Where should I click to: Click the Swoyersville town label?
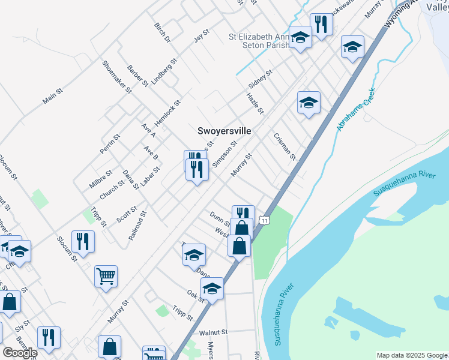[224, 130]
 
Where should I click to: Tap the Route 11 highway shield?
[265, 221]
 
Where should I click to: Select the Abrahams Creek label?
[355, 110]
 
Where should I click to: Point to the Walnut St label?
[214, 332]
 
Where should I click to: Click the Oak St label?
[196, 296]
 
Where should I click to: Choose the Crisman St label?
[285, 146]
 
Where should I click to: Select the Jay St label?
[200, 35]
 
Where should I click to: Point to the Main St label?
[53, 95]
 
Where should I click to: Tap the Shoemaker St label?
[116, 77]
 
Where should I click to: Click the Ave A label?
[148, 131]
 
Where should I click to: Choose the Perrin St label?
[110, 144]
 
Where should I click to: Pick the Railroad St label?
[137, 226]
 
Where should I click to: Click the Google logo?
[20, 353]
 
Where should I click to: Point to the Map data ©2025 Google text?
[412, 355]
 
